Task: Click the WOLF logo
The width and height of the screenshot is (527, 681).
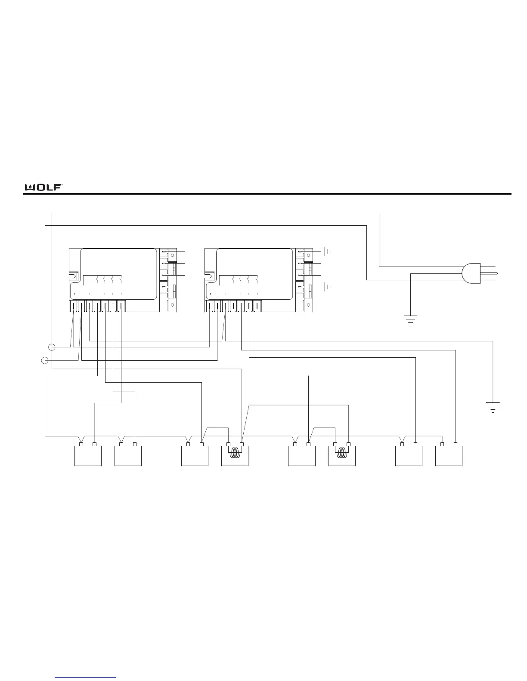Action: [43, 187]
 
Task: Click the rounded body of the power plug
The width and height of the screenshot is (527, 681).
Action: [471, 274]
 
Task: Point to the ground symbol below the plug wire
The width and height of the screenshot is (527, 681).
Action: [410, 320]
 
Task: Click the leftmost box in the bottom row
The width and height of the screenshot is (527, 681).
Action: [88, 456]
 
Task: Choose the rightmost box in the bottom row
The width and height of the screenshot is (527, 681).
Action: [449, 456]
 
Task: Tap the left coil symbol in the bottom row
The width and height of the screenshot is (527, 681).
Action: [235, 454]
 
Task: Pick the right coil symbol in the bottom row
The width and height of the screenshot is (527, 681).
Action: [342, 454]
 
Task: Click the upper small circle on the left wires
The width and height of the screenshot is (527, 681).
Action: [52, 347]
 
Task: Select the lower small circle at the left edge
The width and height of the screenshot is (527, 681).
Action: [44, 360]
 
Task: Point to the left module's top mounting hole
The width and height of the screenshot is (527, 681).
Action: [172, 255]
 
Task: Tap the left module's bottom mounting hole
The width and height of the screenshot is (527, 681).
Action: [172, 305]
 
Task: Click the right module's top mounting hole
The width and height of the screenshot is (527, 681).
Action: [308, 255]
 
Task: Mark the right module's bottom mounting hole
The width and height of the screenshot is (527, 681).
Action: [308, 305]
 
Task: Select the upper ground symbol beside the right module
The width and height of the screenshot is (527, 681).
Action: [327, 251]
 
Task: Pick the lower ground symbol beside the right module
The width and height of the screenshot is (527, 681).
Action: [327, 287]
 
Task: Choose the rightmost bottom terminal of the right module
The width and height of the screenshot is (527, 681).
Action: [257, 306]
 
